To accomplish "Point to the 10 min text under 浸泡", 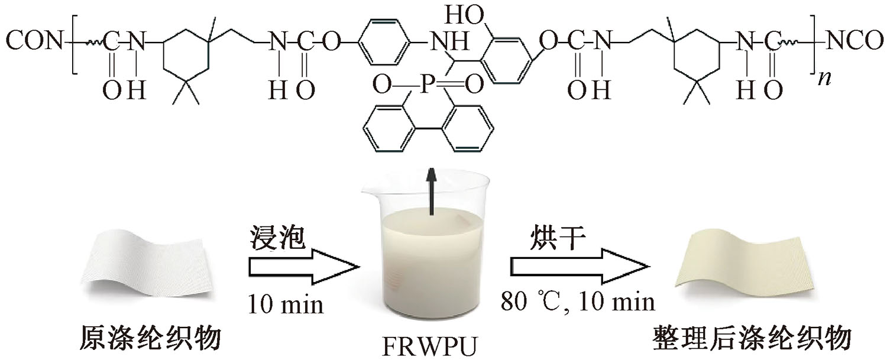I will [x=286, y=304].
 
